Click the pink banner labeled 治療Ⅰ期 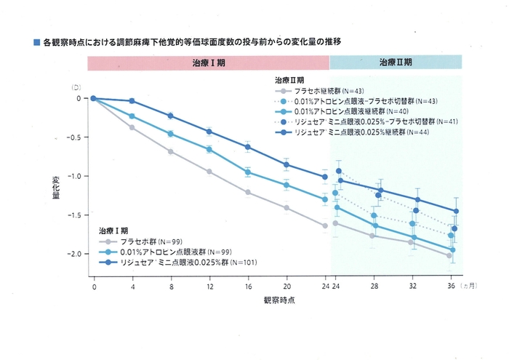[x=208, y=63]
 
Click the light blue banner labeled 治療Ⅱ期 [x=396, y=63]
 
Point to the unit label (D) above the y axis [x=75, y=87]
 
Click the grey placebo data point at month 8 [x=170, y=151]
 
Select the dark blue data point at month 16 [x=247, y=147]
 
